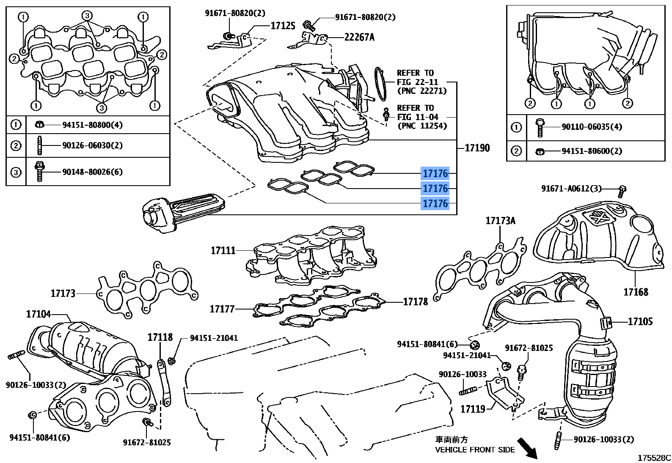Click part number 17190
click(477, 148)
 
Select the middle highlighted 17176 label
click(435, 188)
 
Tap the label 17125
click(283, 26)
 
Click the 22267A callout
click(359, 37)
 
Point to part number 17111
click(223, 251)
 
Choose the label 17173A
click(500, 221)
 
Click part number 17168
click(635, 292)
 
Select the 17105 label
click(640, 321)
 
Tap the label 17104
click(39, 314)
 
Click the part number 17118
click(160, 337)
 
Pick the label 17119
click(473, 409)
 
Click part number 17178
click(415, 302)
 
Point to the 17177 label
click(222, 309)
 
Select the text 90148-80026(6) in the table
click(92, 172)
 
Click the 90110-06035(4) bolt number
click(592, 127)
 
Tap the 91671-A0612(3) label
click(571, 189)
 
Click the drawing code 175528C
click(654, 458)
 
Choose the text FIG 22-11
click(417, 82)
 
